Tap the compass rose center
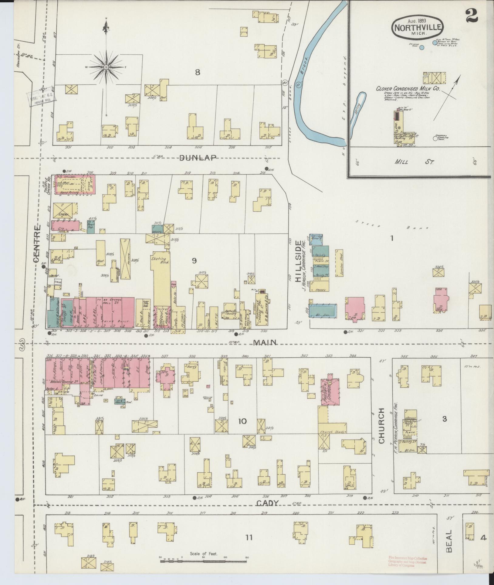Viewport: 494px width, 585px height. (107, 67)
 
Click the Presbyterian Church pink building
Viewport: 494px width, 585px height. (330, 391)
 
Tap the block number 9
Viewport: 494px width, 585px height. (194, 260)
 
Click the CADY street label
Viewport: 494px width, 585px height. (267, 503)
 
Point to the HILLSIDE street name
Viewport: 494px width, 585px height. (299, 261)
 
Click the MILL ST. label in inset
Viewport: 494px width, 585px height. (414, 162)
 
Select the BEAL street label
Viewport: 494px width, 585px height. (449, 541)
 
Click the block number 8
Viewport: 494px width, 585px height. (198, 72)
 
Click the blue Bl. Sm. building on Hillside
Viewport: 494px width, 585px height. (323, 310)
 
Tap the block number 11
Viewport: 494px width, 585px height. (249, 538)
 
